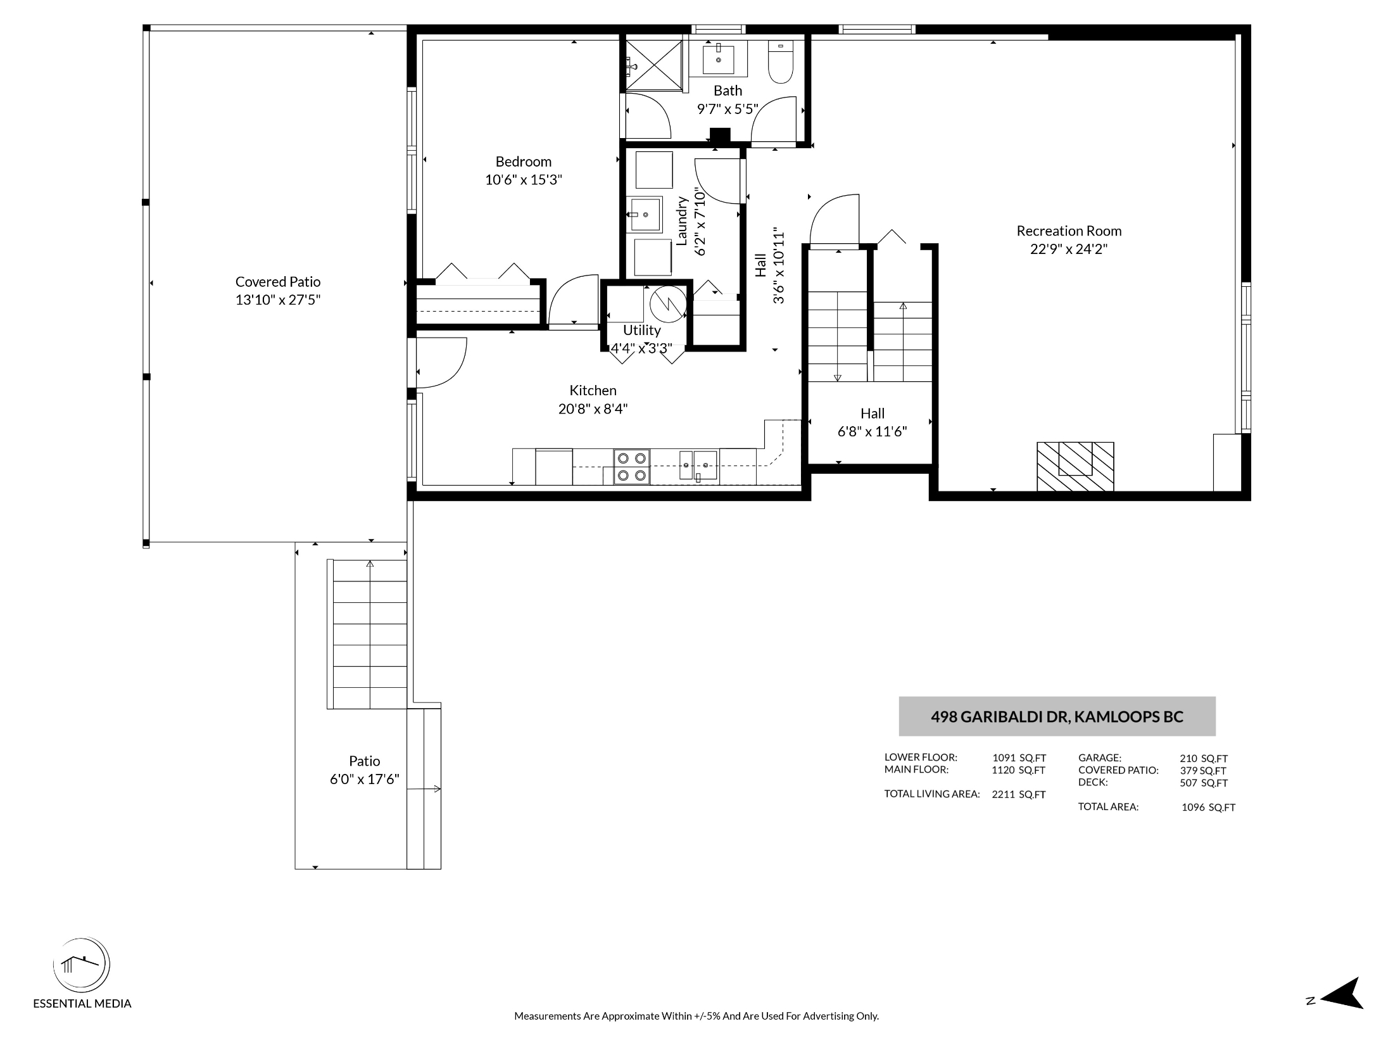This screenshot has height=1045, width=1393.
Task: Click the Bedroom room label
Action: (523, 161)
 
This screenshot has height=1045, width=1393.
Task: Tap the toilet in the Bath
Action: (781, 61)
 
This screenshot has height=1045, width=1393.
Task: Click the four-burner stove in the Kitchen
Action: (631, 466)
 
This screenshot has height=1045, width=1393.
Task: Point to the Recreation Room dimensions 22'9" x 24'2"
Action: (1069, 249)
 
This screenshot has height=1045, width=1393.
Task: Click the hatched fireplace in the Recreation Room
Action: (1075, 466)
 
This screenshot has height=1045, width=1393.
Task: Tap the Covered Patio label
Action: (278, 282)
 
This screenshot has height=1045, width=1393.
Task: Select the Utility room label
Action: (641, 330)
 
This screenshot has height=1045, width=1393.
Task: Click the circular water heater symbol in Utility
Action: (668, 304)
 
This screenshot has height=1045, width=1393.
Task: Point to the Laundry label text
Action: (682, 221)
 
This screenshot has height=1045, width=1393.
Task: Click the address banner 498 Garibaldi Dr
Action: (1057, 716)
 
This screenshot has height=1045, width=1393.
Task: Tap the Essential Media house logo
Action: (81, 965)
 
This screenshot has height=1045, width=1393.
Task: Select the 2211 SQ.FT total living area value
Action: (1018, 794)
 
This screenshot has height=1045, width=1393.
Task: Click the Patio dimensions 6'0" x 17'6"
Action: (364, 779)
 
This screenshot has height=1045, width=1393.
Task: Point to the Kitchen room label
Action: (593, 390)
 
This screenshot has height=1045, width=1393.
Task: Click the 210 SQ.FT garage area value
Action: (1204, 758)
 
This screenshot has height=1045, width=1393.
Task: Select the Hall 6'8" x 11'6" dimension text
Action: (872, 431)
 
